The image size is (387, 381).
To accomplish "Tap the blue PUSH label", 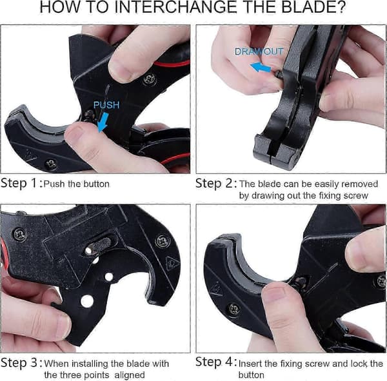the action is pos(106,105).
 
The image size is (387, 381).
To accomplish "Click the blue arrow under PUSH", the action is pos(103,122).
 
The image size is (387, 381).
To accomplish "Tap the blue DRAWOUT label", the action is pos(259,52).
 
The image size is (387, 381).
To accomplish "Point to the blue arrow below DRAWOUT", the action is pos(261,67).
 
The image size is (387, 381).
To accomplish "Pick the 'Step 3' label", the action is pos(19,363).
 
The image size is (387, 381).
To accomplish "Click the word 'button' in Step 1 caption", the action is pos(96,184).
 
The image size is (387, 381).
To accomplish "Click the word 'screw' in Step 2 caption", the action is pos(355,196).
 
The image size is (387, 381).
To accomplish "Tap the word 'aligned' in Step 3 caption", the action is pos(130,375).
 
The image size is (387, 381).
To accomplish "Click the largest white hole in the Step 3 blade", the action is pos(87,301).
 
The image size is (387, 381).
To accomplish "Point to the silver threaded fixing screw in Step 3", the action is pos(99,245).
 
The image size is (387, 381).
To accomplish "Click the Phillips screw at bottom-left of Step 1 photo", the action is pos(52,163).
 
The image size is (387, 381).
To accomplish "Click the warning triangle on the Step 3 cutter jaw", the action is pos(172,264).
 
